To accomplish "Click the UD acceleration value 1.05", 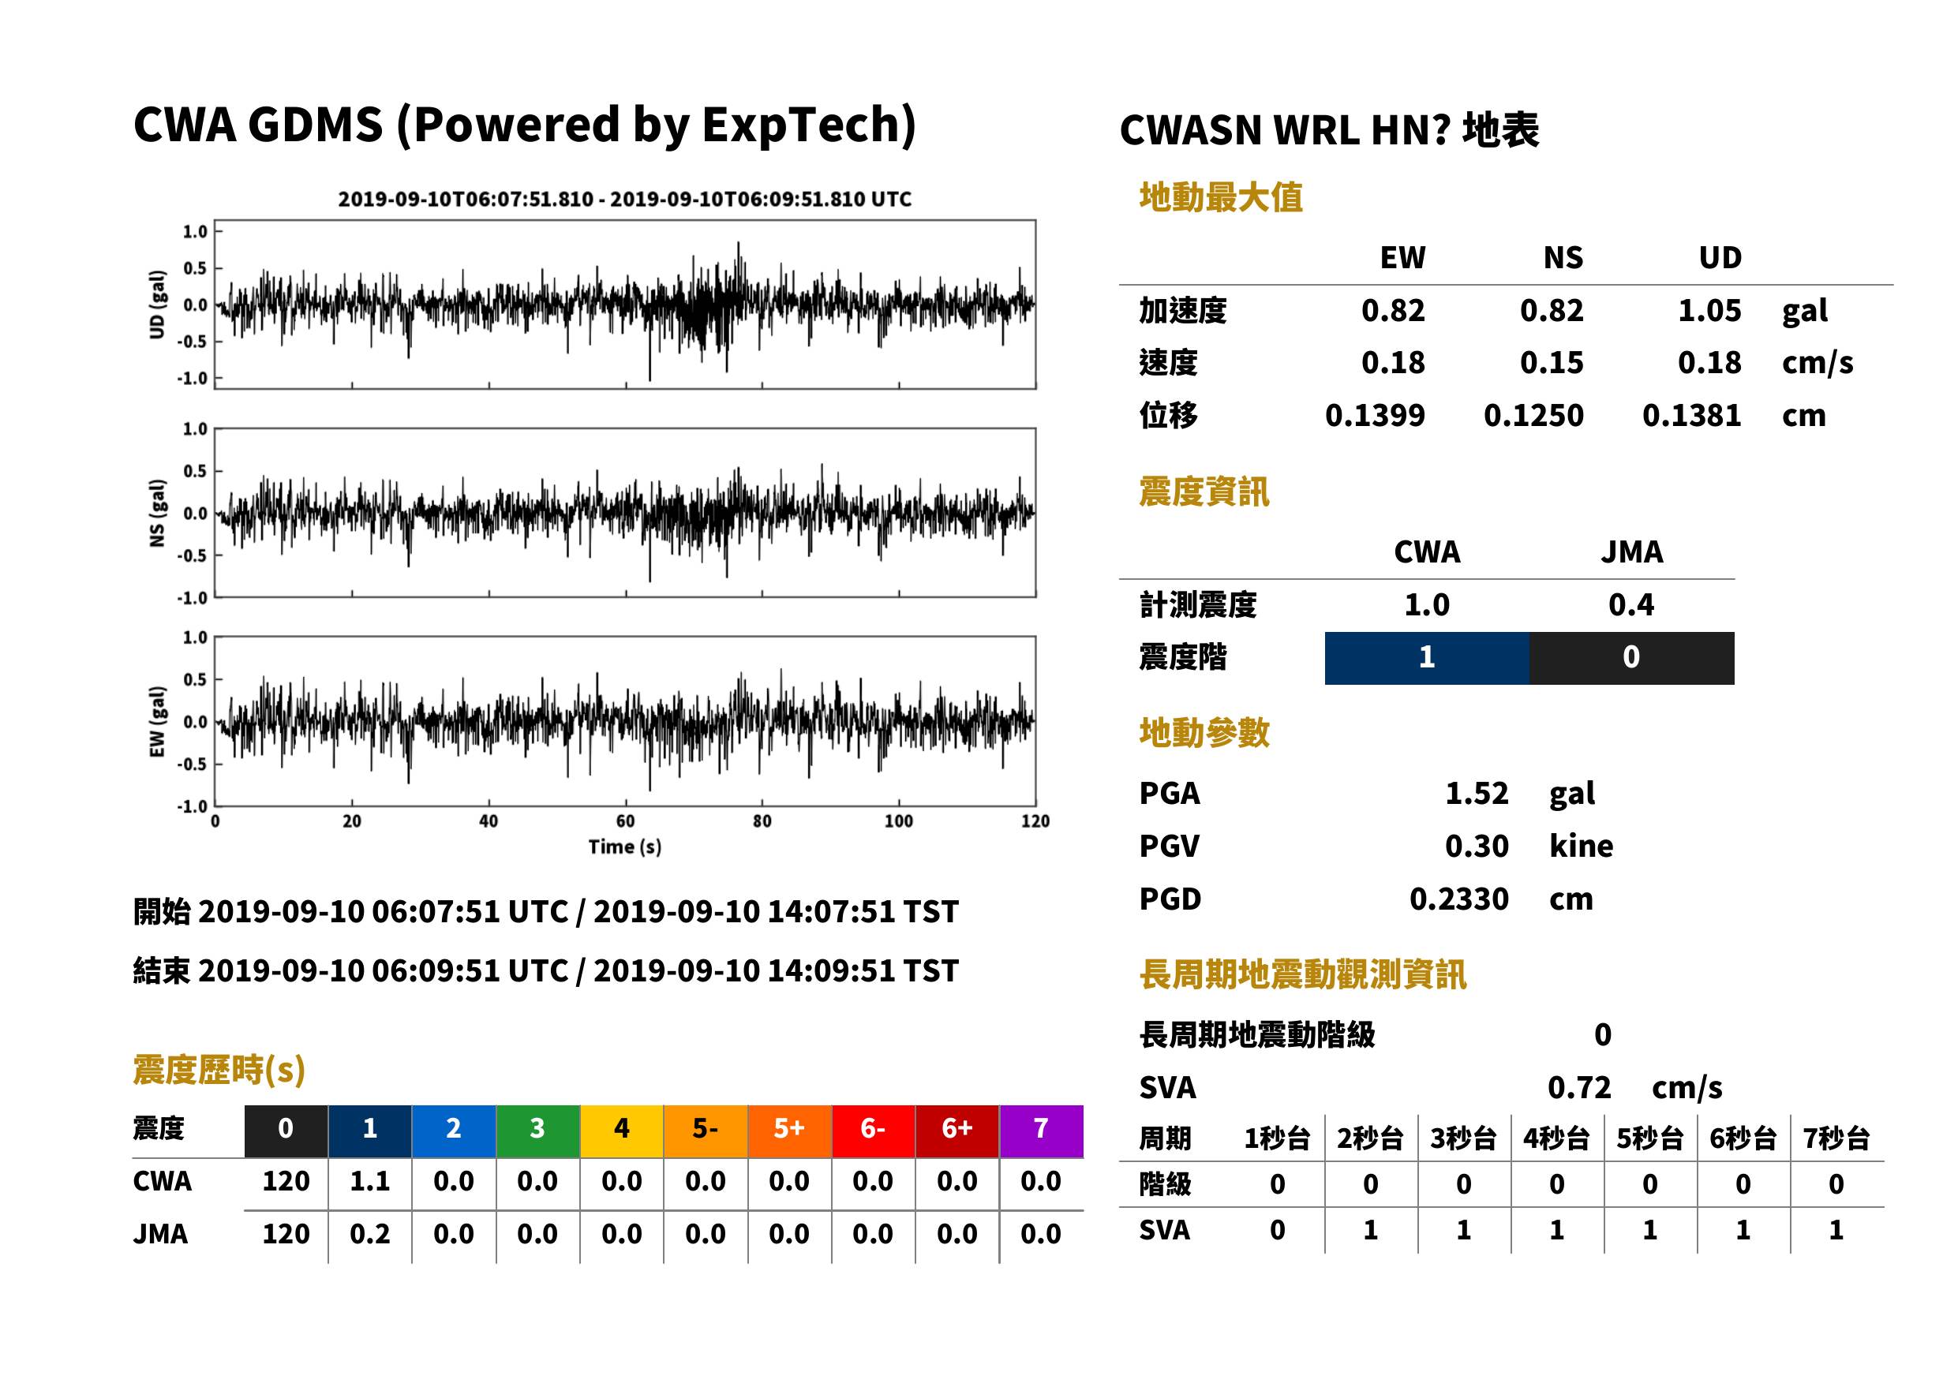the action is coord(1709,311).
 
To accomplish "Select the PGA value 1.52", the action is coord(1477,793).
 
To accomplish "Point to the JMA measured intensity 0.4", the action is coord(1630,604).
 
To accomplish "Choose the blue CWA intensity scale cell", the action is coord(1427,658).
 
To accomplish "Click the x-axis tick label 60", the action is coord(625,821).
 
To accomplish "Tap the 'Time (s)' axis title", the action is coord(625,847).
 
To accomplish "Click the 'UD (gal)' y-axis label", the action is coord(157,305).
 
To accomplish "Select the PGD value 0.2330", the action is coord(1458,899).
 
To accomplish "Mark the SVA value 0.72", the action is coord(1578,1087).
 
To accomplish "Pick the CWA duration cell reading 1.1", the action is coord(369,1181).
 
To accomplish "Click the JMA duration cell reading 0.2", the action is coord(369,1234).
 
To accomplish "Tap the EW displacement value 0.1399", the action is coord(1374,416).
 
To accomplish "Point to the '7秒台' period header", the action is coord(1836,1138).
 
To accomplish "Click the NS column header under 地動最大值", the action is coord(1563,257).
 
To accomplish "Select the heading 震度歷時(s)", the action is coord(219,1070).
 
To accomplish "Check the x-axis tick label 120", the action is coord(1035,821).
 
